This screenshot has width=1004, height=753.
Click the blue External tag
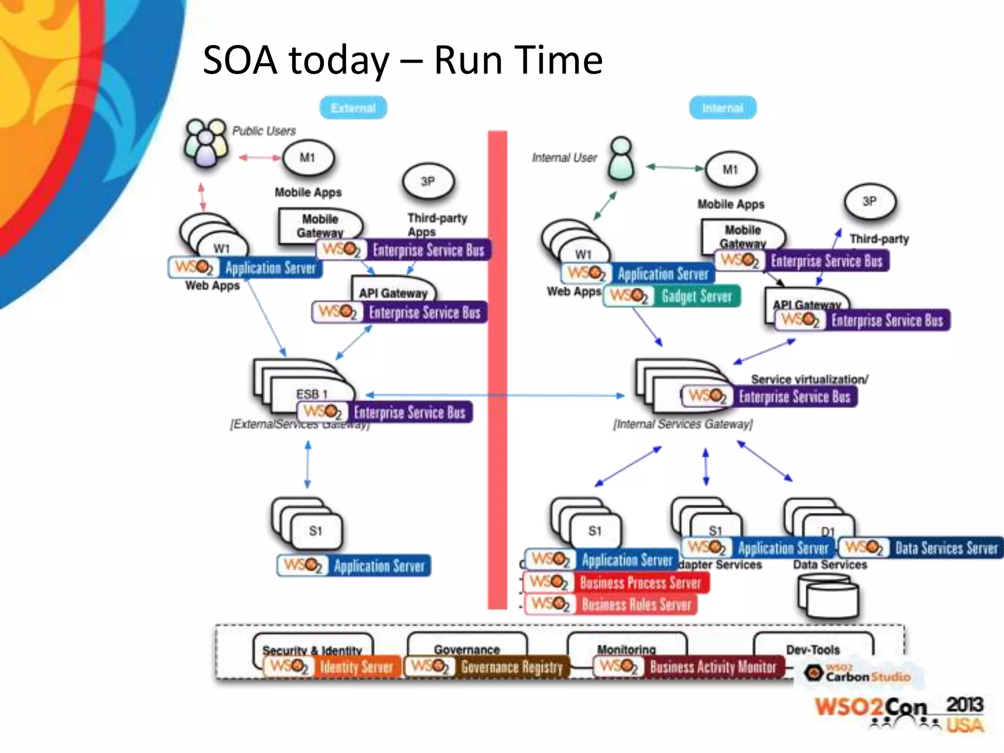click(353, 108)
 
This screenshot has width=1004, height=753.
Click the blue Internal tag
click(723, 108)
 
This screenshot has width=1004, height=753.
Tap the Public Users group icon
click(205, 143)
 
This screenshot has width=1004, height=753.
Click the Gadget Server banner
click(672, 296)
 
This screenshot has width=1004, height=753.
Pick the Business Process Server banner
click(616, 582)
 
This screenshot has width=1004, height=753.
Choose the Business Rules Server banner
click(611, 604)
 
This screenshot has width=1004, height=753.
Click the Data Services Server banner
click(921, 548)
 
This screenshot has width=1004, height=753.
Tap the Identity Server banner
click(332, 667)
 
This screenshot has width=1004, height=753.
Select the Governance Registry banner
click(487, 667)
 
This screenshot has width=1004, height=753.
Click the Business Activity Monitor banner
click(689, 667)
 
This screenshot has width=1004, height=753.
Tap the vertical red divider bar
click(497, 368)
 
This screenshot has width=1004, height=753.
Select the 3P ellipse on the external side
click(428, 182)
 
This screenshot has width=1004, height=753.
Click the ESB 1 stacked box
click(304, 387)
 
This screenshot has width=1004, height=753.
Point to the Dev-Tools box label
click(813, 650)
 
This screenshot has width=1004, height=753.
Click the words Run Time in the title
click(518, 60)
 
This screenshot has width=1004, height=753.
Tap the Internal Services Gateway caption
click(682, 424)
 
